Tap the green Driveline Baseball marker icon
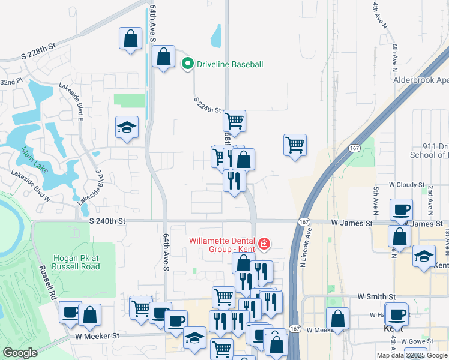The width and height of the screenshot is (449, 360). pyautogui.click(x=188, y=63)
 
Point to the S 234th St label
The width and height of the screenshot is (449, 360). pyautogui.click(x=208, y=106)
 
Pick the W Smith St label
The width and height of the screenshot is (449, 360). pyautogui.click(x=376, y=296)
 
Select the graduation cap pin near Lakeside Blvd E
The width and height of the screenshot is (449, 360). pyautogui.click(x=127, y=127)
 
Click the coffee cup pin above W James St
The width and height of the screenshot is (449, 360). pyautogui.click(x=401, y=209)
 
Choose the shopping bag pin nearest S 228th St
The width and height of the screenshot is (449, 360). pyautogui.click(x=130, y=39)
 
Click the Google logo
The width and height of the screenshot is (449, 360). pyautogui.click(x=20, y=353)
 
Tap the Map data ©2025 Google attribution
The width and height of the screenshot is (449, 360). pyautogui.click(x=412, y=355)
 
